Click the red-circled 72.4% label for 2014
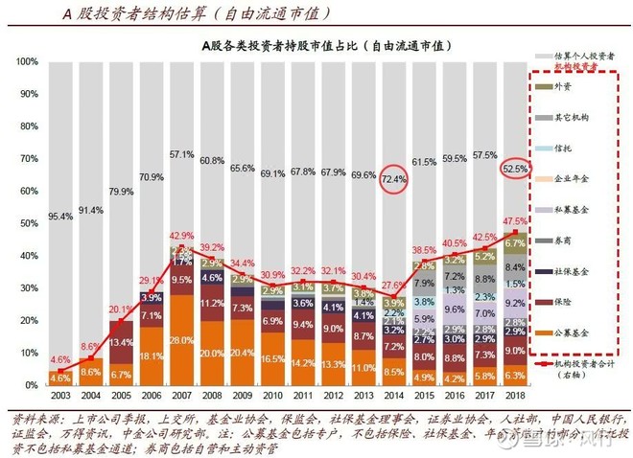pos(393,179)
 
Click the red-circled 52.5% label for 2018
pos(515,169)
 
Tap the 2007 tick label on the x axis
pos(180,395)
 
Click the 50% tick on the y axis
pos(29,223)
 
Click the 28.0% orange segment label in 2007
pos(180,340)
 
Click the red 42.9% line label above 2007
pos(180,236)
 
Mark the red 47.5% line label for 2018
pos(515,220)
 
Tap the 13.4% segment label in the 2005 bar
pos(120,342)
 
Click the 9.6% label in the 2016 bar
pos(454,309)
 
